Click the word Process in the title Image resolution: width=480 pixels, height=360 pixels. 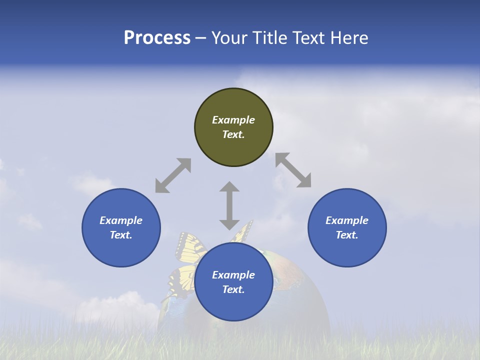tap(157, 38)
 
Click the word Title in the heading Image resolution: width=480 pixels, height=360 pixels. tap(270, 38)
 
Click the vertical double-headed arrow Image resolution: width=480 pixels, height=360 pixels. tap(229, 205)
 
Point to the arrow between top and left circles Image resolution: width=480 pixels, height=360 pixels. tap(173, 175)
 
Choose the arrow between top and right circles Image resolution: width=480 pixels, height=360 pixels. tap(293, 170)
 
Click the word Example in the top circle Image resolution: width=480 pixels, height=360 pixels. tap(233, 120)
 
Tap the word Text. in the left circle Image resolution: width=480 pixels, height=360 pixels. tap(121, 235)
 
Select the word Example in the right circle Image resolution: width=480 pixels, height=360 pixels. tap(347, 220)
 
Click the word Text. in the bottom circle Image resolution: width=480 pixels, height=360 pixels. tap(233, 289)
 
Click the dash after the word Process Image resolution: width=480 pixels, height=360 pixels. tap(201, 38)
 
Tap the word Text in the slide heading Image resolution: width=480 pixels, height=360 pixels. tap(308, 38)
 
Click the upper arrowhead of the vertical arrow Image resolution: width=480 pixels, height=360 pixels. tap(229, 187)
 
